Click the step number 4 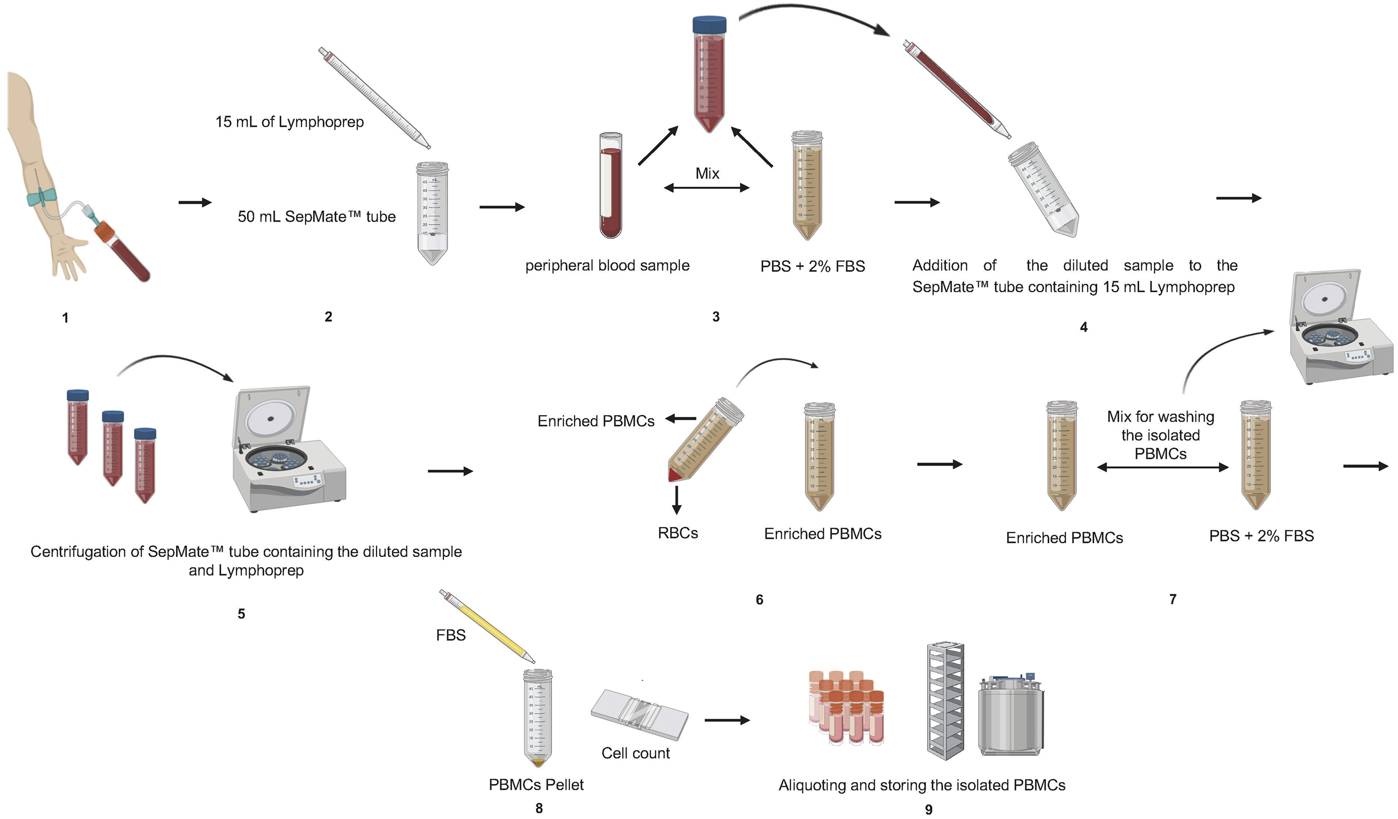click(1084, 327)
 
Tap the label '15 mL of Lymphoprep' click(289, 122)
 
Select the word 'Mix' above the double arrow click(708, 173)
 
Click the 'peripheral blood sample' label click(608, 265)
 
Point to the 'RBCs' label click(677, 533)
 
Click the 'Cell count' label click(635, 753)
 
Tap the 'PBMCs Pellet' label click(536, 785)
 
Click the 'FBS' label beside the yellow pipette click(450, 635)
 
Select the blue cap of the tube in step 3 click(709, 24)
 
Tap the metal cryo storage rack click(945, 701)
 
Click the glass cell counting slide click(639, 715)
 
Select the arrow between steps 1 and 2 click(195, 203)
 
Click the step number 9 click(929, 809)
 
